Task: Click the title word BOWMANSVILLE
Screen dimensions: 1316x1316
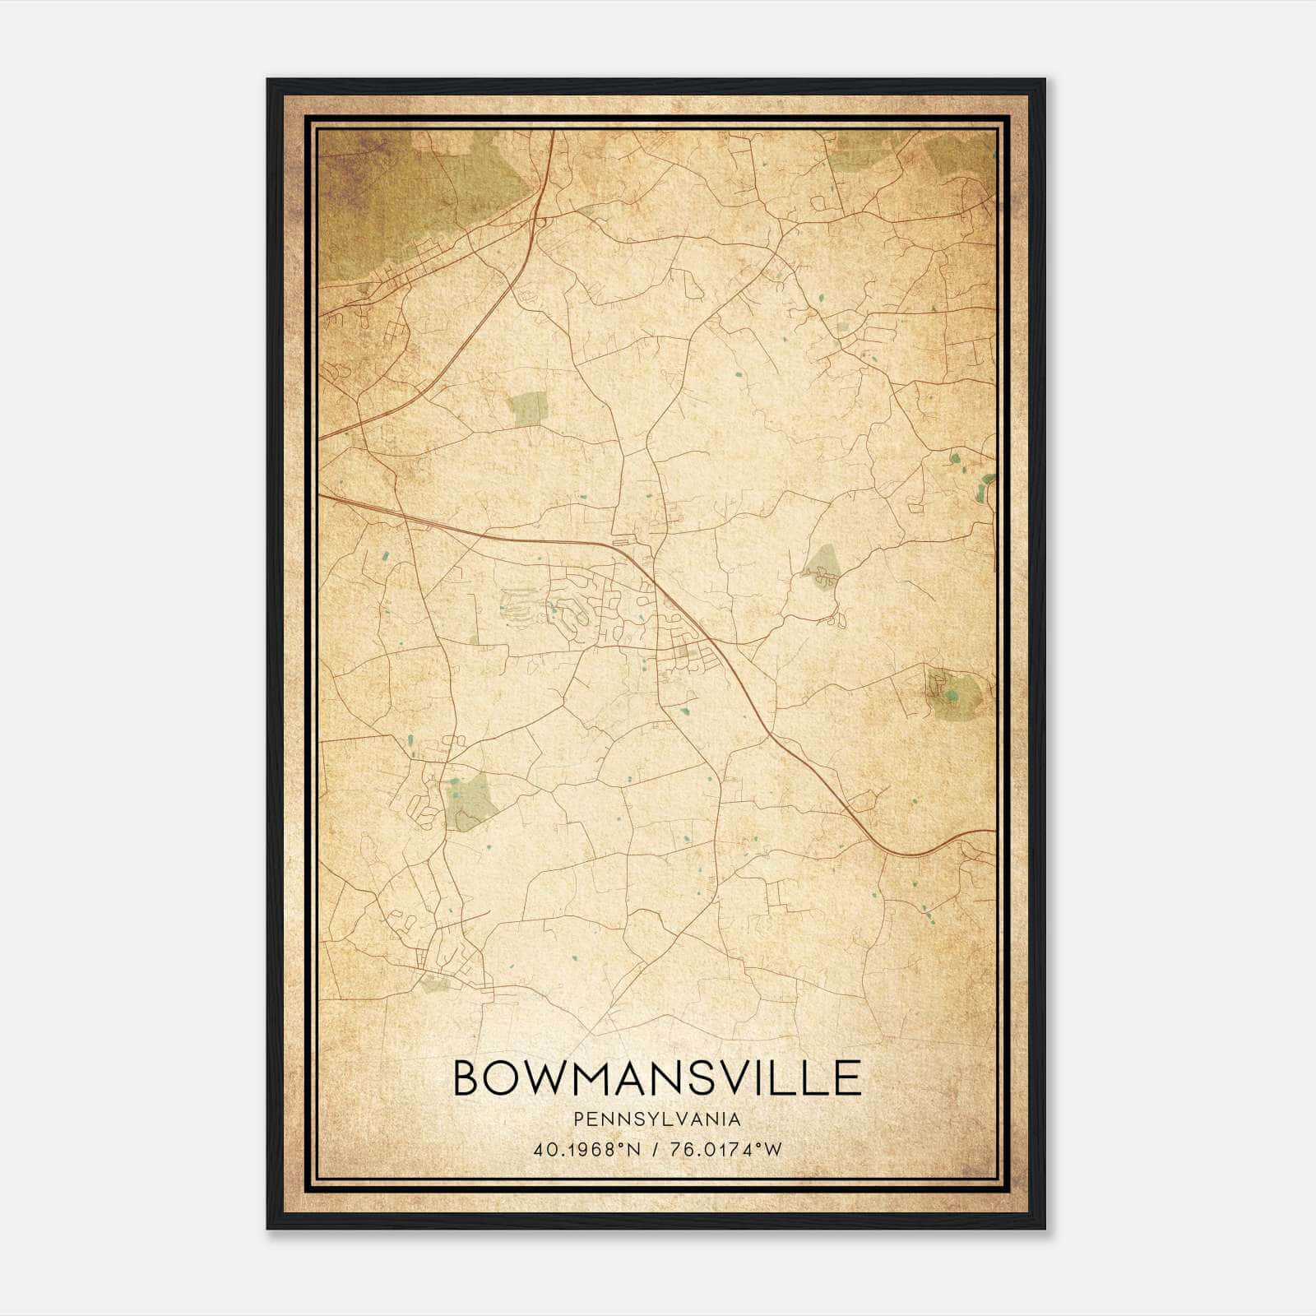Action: click(657, 1077)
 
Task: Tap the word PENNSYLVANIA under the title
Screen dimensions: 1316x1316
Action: click(657, 1119)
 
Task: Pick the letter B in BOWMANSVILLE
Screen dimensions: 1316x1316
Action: click(466, 1077)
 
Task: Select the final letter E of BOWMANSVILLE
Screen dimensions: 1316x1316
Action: click(848, 1077)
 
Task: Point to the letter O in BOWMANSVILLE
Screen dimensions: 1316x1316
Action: click(503, 1077)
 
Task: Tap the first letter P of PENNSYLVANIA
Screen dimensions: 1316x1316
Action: click(580, 1119)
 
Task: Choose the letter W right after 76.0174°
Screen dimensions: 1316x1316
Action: click(773, 1150)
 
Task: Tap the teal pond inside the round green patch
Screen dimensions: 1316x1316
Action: click(952, 697)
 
